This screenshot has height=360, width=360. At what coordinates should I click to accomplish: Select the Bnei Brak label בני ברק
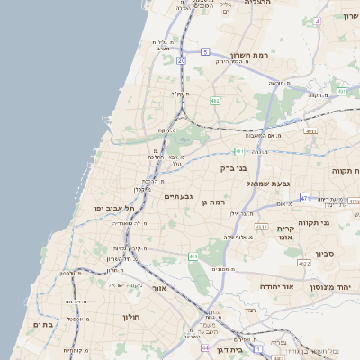click(x=233, y=167)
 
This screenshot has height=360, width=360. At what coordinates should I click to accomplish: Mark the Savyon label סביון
click(x=325, y=253)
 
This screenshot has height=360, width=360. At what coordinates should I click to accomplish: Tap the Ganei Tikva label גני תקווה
click(x=338, y=221)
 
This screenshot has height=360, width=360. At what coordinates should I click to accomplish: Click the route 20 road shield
click(x=181, y=60)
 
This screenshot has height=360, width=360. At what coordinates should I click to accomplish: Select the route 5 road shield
click(x=205, y=52)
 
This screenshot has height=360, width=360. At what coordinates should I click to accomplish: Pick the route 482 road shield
click(x=214, y=100)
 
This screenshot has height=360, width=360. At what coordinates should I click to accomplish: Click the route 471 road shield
click(x=305, y=198)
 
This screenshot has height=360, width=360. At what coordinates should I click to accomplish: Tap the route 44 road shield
click(x=205, y=347)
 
